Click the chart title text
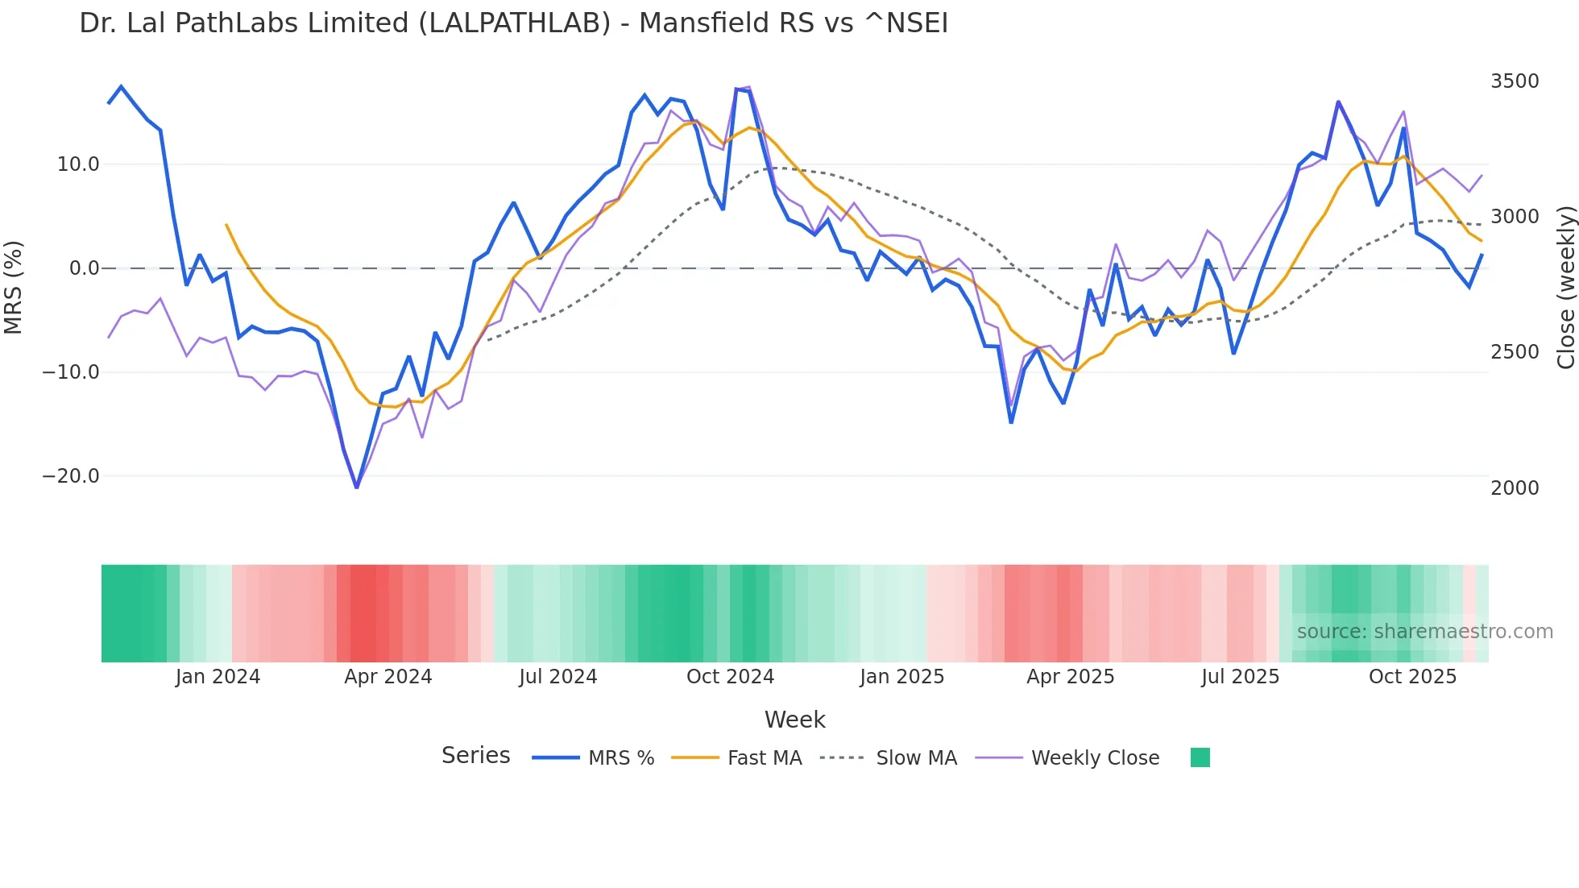point(513,23)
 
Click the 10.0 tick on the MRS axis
point(78,164)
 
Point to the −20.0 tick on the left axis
point(71,476)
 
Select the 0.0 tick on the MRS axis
point(84,268)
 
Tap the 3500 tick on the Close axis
point(1515,81)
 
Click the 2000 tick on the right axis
point(1515,488)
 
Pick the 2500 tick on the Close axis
point(1515,352)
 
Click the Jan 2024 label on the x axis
point(218,677)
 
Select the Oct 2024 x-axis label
point(730,677)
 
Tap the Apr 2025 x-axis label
point(1070,677)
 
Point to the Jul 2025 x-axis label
point(1240,677)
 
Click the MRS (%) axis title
point(14,287)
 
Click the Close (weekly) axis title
point(1565,288)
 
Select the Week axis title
point(794,720)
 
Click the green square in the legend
point(1200,757)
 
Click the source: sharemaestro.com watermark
point(1424,632)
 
